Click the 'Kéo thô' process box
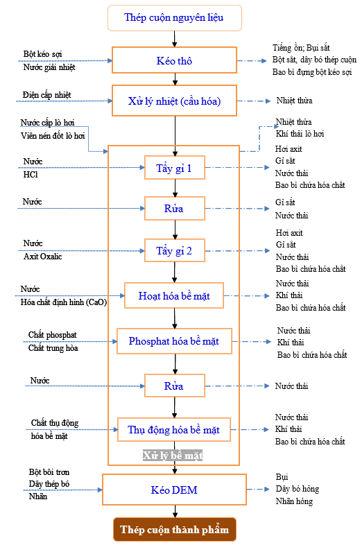tap(174, 60)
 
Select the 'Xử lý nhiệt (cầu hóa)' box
tap(174, 101)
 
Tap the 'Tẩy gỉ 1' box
tap(175, 168)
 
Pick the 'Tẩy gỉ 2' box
tap(175, 250)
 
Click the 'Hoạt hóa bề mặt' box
tap(174, 295)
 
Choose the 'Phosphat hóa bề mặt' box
tap(174, 341)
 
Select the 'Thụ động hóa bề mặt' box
tap(174, 430)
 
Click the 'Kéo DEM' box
tap(174, 490)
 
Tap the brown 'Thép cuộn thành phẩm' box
tap(175, 529)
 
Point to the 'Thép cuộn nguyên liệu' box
tap(174, 18)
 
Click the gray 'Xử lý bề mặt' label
tap(173, 456)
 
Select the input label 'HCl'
tap(31, 175)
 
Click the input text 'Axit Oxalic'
tap(43, 257)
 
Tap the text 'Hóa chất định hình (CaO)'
tap(64, 302)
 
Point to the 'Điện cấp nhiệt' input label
tap(47, 95)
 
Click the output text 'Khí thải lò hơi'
tap(300, 134)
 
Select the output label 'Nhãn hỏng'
tap(294, 501)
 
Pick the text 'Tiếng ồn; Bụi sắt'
tap(301, 48)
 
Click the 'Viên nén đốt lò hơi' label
tap(53, 135)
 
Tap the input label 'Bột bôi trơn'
tap(49, 472)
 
